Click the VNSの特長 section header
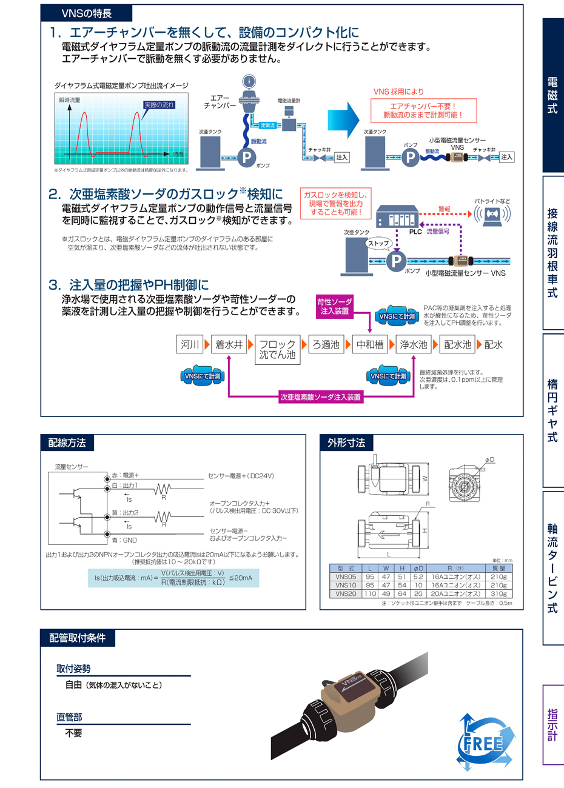tap(86, 13)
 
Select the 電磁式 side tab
tap(552, 95)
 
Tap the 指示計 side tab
tap(552, 724)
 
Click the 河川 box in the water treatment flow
tap(190, 344)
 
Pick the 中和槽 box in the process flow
tap(370, 344)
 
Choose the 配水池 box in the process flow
tap(457, 344)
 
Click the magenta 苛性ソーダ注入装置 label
tap(334, 306)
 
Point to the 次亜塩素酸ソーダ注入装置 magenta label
tap(321, 398)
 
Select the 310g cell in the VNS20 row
tap(499, 594)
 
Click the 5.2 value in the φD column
tap(418, 577)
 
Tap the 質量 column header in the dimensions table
tap(499, 569)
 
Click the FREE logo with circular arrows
tap(485, 743)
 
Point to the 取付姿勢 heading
tap(74, 669)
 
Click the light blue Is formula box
tap(173, 578)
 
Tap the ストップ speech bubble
tap(378, 243)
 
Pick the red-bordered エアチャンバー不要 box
tap(423, 110)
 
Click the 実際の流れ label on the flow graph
tap(159, 105)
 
